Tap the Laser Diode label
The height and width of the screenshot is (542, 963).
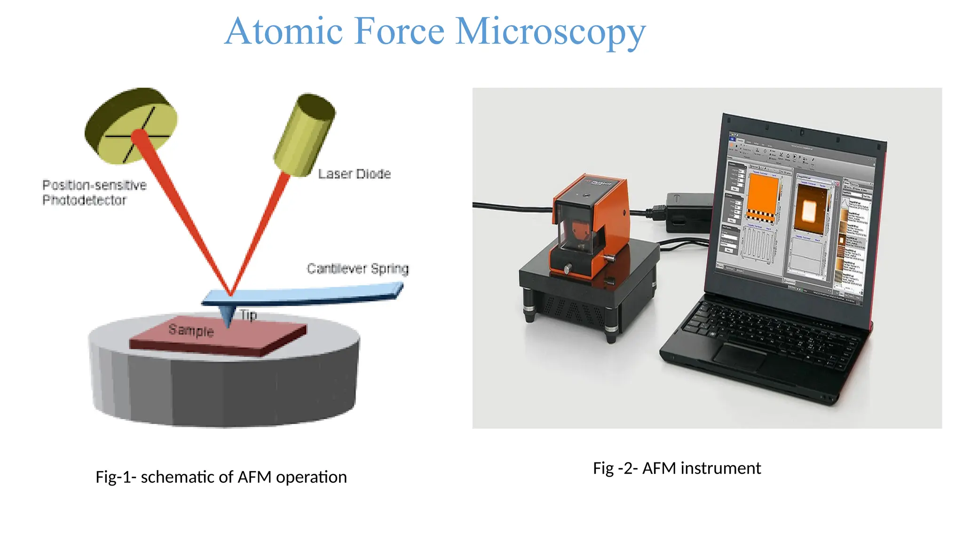click(x=354, y=174)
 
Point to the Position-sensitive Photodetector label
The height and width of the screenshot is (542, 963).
click(x=94, y=192)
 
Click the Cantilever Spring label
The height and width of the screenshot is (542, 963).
click(x=357, y=269)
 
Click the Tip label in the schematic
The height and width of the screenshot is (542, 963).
click(x=249, y=315)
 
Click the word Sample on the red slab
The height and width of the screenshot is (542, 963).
click(x=191, y=330)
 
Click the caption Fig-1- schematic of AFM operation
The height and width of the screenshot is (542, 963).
click(x=221, y=477)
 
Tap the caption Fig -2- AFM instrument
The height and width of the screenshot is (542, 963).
click(x=677, y=468)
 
